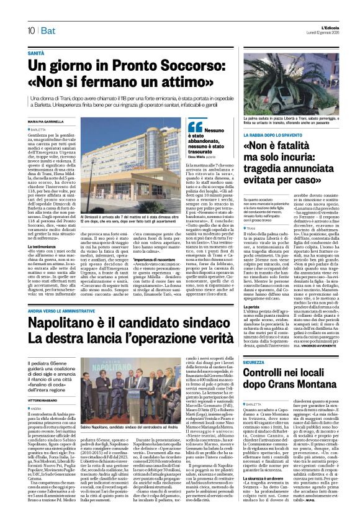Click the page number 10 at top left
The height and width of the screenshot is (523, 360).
[x=30, y=30]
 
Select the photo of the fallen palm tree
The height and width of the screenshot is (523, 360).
[x=291, y=85]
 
